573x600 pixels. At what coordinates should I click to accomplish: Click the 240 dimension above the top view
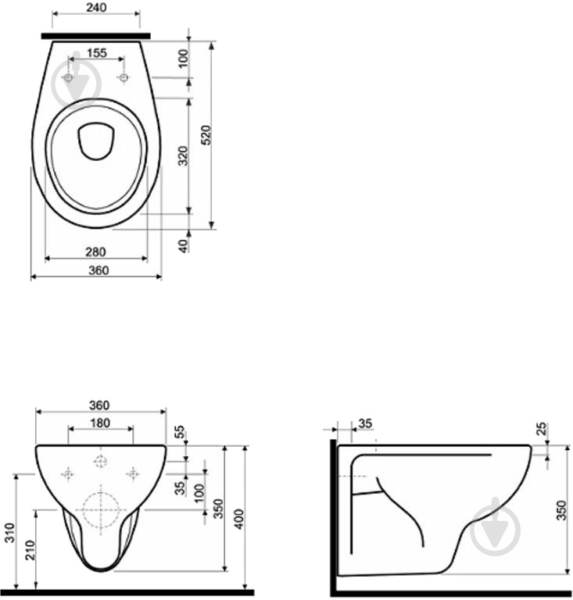pos(96,7)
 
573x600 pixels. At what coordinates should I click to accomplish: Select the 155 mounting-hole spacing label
pos(96,53)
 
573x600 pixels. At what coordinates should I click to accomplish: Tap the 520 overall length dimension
pos(206,134)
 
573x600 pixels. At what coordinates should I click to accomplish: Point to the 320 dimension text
pos(184,155)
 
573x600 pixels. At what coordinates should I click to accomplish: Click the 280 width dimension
pos(95,252)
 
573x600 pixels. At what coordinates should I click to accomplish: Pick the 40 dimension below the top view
pos(184,246)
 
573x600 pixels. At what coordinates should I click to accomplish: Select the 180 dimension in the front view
pos(100,423)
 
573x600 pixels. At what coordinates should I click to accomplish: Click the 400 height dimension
pos(239,519)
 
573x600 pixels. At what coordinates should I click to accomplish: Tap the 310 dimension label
pos(9,533)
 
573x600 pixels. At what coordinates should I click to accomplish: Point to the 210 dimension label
pos(30,550)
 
